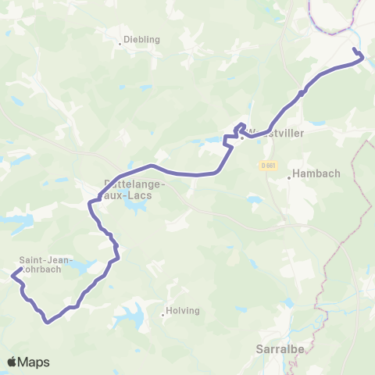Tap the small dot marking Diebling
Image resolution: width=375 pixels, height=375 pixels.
tap(120, 44)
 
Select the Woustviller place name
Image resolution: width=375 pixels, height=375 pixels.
tap(276, 133)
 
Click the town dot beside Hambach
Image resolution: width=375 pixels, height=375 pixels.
tap(289, 177)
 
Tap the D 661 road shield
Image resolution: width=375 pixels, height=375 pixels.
tap(268, 166)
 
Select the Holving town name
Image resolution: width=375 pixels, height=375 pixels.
tap(185, 311)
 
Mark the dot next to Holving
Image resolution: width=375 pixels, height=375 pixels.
tap(162, 316)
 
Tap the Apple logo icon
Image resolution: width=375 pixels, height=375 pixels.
tap(13, 362)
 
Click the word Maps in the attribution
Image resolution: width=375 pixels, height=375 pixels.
tap(35, 362)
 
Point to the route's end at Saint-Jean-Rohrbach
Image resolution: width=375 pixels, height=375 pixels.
tap(12, 273)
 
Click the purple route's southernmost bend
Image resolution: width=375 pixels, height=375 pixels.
tap(48, 321)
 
